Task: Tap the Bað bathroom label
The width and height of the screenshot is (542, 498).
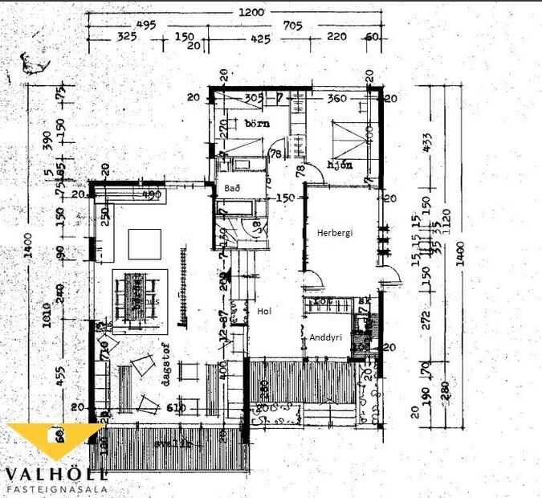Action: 232,186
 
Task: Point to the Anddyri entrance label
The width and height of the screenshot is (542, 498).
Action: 326,338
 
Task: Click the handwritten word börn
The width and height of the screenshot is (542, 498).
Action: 256,124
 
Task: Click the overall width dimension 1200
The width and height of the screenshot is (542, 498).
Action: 257,12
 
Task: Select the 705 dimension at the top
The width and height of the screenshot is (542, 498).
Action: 292,25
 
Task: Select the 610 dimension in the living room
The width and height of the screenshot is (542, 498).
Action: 176,408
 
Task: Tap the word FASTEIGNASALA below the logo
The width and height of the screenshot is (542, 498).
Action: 56,488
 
